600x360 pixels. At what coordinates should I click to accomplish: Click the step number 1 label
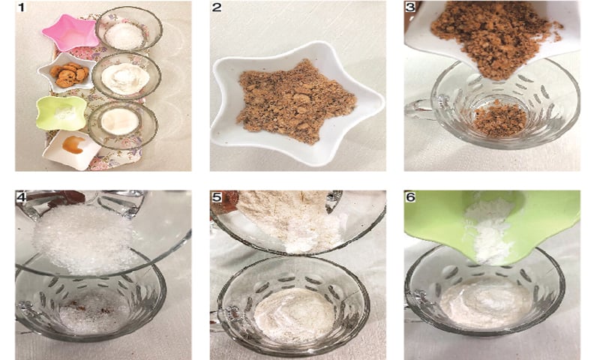pyautogui.click(x=21, y=7)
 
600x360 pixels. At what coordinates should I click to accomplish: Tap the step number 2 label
pyautogui.click(x=217, y=7)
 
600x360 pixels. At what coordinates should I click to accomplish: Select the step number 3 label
pyautogui.click(x=410, y=7)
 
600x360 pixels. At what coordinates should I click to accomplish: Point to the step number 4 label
pyautogui.click(x=21, y=196)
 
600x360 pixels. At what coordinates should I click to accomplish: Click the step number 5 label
pyautogui.click(x=217, y=196)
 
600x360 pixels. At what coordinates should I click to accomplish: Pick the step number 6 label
pyautogui.click(x=410, y=196)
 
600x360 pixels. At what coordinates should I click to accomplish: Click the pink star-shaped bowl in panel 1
pyautogui.click(x=71, y=32)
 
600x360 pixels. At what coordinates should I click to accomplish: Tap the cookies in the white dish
pyautogui.click(x=69, y=74)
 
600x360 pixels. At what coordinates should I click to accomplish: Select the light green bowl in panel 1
pyautogui.click(x=61, y=112)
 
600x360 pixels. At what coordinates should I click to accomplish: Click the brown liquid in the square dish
pyautogui.click(x=73, y=145)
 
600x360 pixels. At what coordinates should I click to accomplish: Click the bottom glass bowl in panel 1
pyautogui.click(x=123, y=124)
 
